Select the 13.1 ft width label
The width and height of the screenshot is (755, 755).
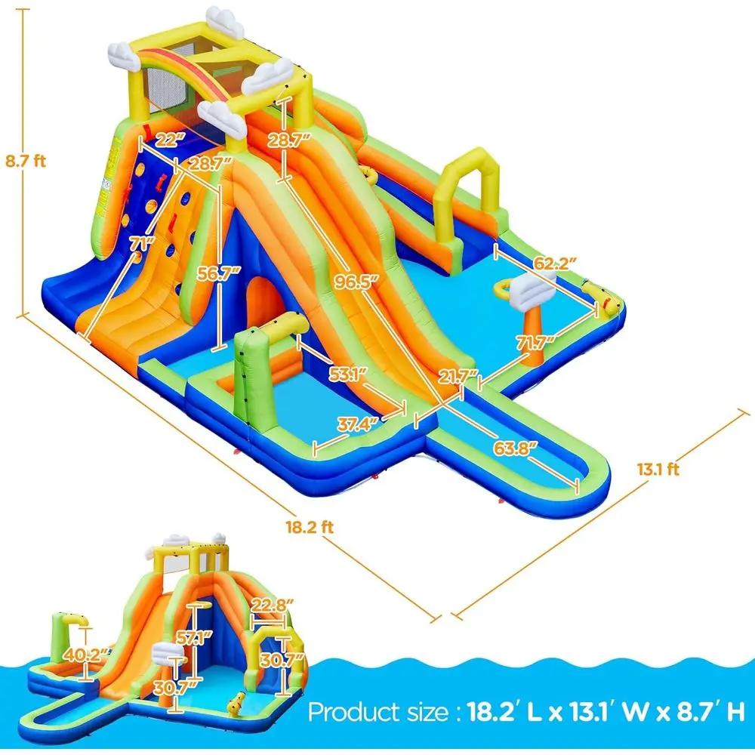658,470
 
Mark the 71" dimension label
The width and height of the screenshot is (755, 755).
141,243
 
